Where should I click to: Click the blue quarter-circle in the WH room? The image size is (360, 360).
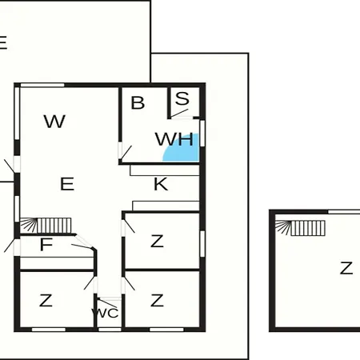pos(184,150)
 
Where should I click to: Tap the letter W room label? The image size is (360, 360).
pos(54,122)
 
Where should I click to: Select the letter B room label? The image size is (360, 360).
pos(138,102)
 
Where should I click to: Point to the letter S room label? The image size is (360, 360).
pos(182,98)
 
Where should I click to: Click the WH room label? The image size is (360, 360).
pos(174,139)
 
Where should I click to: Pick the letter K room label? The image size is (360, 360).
pos(161,184)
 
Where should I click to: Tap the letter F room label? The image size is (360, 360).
pos(46,245)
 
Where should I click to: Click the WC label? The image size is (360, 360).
pos(106,313)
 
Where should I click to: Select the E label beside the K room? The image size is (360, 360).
pos(67,184)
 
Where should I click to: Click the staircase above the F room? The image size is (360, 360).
pos(46,226)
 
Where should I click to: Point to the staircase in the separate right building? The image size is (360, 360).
pos(300,228)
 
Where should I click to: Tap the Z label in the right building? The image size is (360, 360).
pos(346,268)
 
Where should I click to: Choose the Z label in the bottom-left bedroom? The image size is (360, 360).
pos(46,301)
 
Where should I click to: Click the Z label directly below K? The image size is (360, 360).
pos(157,241)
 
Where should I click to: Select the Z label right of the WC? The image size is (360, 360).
pos(157,301)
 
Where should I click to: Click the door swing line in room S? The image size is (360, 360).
pos(179,114)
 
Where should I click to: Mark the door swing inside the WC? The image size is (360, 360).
pos(107,303)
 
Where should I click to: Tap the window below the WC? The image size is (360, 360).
pos(110,330)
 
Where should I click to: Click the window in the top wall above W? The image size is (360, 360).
pos(42,85)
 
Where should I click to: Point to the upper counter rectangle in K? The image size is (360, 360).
pos(165,170)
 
